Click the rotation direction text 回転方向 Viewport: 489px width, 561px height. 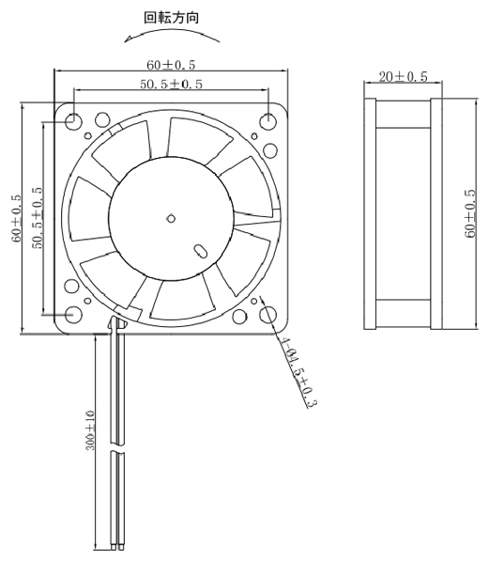tap(171, 18)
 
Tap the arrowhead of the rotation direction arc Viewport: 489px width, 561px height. tap(128, 39)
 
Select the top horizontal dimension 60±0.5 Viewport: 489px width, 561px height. tap(171, 65)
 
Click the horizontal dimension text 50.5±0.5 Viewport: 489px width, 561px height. tap(171, 84)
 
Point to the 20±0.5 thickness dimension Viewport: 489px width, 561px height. tap(404, 76)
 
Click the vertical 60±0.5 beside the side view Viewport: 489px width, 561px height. tap(471, 213)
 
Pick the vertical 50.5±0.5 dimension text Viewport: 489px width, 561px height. tap(38, 217)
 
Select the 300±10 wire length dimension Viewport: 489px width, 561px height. tap(91, 430)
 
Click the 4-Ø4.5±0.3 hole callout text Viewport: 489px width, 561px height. tap(298, 372)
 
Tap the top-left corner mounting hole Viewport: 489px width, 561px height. tap(73, 121)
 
